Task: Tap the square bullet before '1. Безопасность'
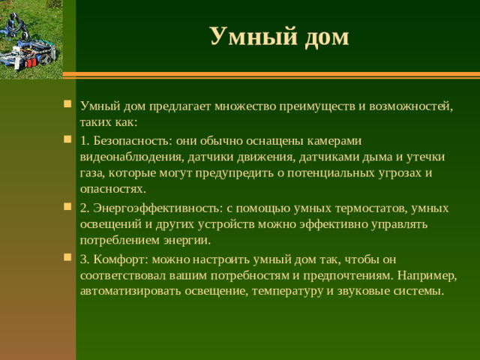coord(68,139)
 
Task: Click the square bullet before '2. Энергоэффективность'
coord(68,208)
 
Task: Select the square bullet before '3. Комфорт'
coord(68,259)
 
